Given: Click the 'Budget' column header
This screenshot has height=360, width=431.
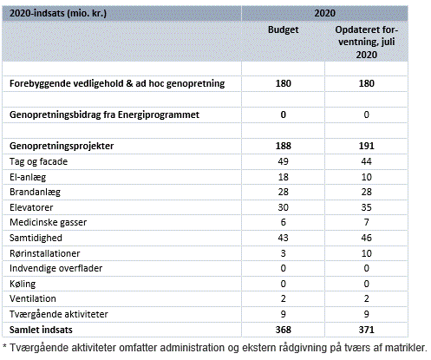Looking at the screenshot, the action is [x=283, y=29].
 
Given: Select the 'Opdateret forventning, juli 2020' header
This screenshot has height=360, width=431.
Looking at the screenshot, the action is [x=366, y=42].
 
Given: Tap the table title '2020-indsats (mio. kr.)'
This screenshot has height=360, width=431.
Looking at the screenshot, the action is [x=58, y=13].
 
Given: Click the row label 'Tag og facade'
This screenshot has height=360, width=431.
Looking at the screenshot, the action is [x=38, y=161].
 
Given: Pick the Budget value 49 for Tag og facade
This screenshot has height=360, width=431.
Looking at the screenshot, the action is [x=283, y=161].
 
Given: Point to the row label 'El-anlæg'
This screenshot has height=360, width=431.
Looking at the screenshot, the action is [x=28, y=177].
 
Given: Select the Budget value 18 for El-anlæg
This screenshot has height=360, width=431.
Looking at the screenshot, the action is [x=283, y=177].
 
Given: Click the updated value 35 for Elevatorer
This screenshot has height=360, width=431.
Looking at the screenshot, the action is [x=366, y=207].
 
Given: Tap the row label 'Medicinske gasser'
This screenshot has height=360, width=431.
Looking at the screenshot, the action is [x=48, y=222].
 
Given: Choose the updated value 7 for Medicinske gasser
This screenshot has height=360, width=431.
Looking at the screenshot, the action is [x=366, y=222].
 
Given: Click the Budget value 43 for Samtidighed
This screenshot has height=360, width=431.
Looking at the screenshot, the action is [x=283, y=238].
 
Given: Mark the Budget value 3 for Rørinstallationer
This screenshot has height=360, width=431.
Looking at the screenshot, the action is [x=283, y=253].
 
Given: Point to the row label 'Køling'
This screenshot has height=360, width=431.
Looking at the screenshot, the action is [x=23, y=284].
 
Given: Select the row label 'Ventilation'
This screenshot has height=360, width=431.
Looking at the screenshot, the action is [x=33, y=298].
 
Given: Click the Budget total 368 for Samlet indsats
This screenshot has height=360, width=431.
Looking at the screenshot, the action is [x=283, y=330].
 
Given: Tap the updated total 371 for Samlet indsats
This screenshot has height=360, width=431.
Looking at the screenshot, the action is [x=366, y=330].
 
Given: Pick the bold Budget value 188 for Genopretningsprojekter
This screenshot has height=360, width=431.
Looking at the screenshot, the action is [x=283, y=146].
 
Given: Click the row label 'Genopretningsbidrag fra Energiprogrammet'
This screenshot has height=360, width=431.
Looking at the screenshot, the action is [x=104, y=115].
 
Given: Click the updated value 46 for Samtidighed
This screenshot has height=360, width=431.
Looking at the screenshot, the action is [x=366, y=238].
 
